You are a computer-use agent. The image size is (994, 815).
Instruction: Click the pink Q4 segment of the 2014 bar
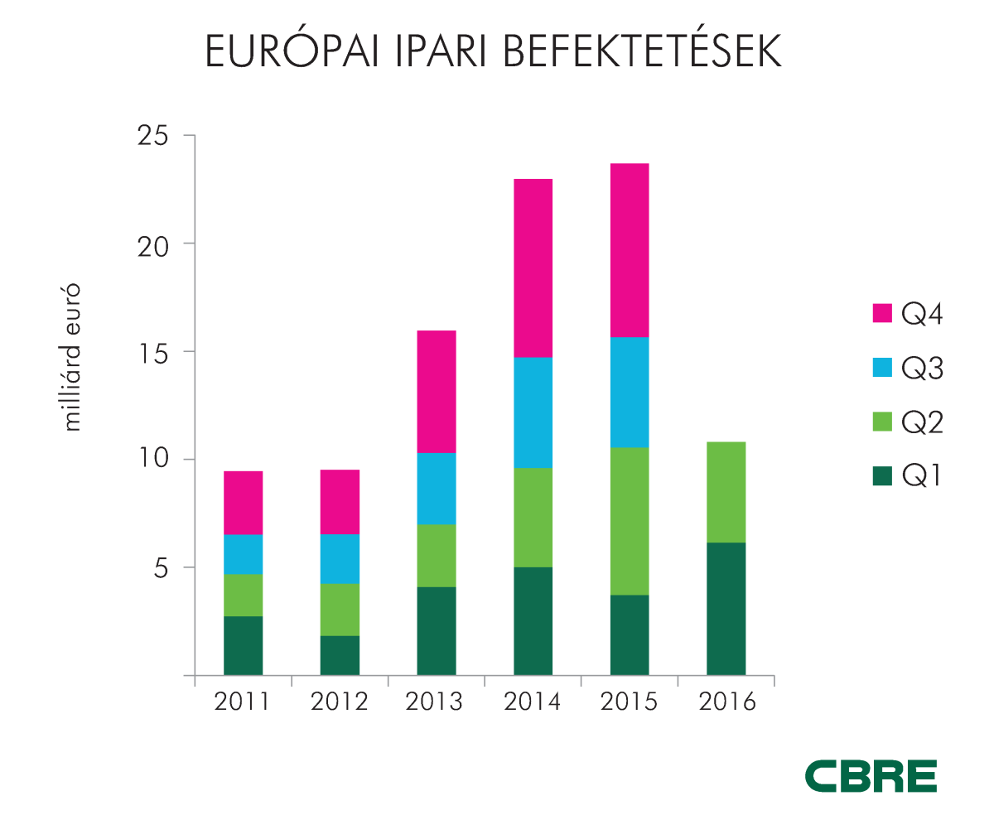(x=533, y=268)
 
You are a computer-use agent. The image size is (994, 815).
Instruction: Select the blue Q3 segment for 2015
(x=630, y=392)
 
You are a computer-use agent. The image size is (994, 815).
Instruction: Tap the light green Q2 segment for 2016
(x=726, y=492)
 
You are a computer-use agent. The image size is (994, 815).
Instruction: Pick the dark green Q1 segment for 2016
(x=726, y=609)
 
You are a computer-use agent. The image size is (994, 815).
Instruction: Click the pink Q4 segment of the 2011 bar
(x=243, y=503)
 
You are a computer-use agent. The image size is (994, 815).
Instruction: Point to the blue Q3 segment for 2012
(x=340, y=559)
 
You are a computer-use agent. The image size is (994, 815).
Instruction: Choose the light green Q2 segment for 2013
(x=437, y=556)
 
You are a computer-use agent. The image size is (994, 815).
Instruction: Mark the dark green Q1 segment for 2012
(x=340, y=655)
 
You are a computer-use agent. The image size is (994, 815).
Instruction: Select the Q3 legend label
(x=923, y=369)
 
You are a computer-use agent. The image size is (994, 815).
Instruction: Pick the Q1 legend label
(x=922, y=475)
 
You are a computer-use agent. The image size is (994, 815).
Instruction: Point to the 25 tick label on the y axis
(x=153, y=136)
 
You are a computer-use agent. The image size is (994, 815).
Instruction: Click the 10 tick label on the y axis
(x=153, y=460)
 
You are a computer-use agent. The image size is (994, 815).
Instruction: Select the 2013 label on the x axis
(x=436, y=702)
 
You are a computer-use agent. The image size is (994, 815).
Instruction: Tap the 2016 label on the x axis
(x=726, y=702)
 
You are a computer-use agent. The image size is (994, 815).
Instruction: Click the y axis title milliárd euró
(x=73, y=357)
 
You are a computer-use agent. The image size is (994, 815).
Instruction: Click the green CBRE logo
(x=871, y=775)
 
